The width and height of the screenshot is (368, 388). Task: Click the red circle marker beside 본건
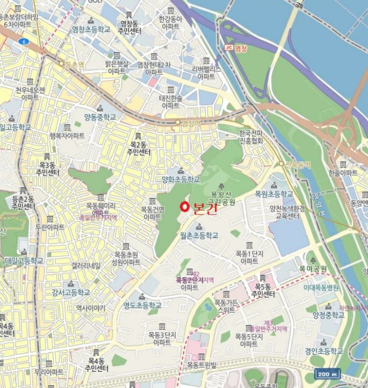(184, 207)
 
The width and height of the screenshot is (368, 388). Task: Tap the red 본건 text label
(203, 208)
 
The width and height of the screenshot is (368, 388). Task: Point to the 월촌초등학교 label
(199, 235)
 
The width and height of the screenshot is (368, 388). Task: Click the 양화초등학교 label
(180, 179)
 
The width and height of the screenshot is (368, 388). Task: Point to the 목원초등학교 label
(274, 194)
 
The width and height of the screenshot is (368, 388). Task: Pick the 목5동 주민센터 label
(262, 290)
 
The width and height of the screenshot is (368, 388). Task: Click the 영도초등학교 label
(142, 305)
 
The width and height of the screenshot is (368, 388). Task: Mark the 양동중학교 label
(100, 117)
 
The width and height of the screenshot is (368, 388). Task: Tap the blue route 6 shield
(23, 42)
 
